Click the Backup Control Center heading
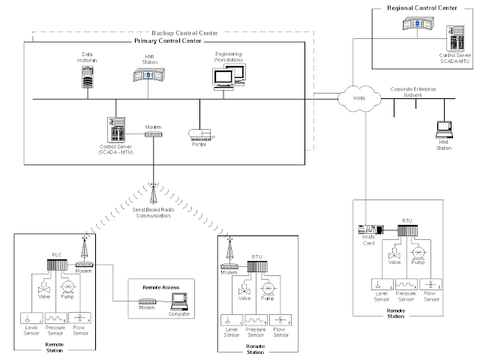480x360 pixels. coord(184,34)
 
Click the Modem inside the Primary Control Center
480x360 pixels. coord(154,133)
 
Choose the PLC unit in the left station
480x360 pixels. coord(57,265)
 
